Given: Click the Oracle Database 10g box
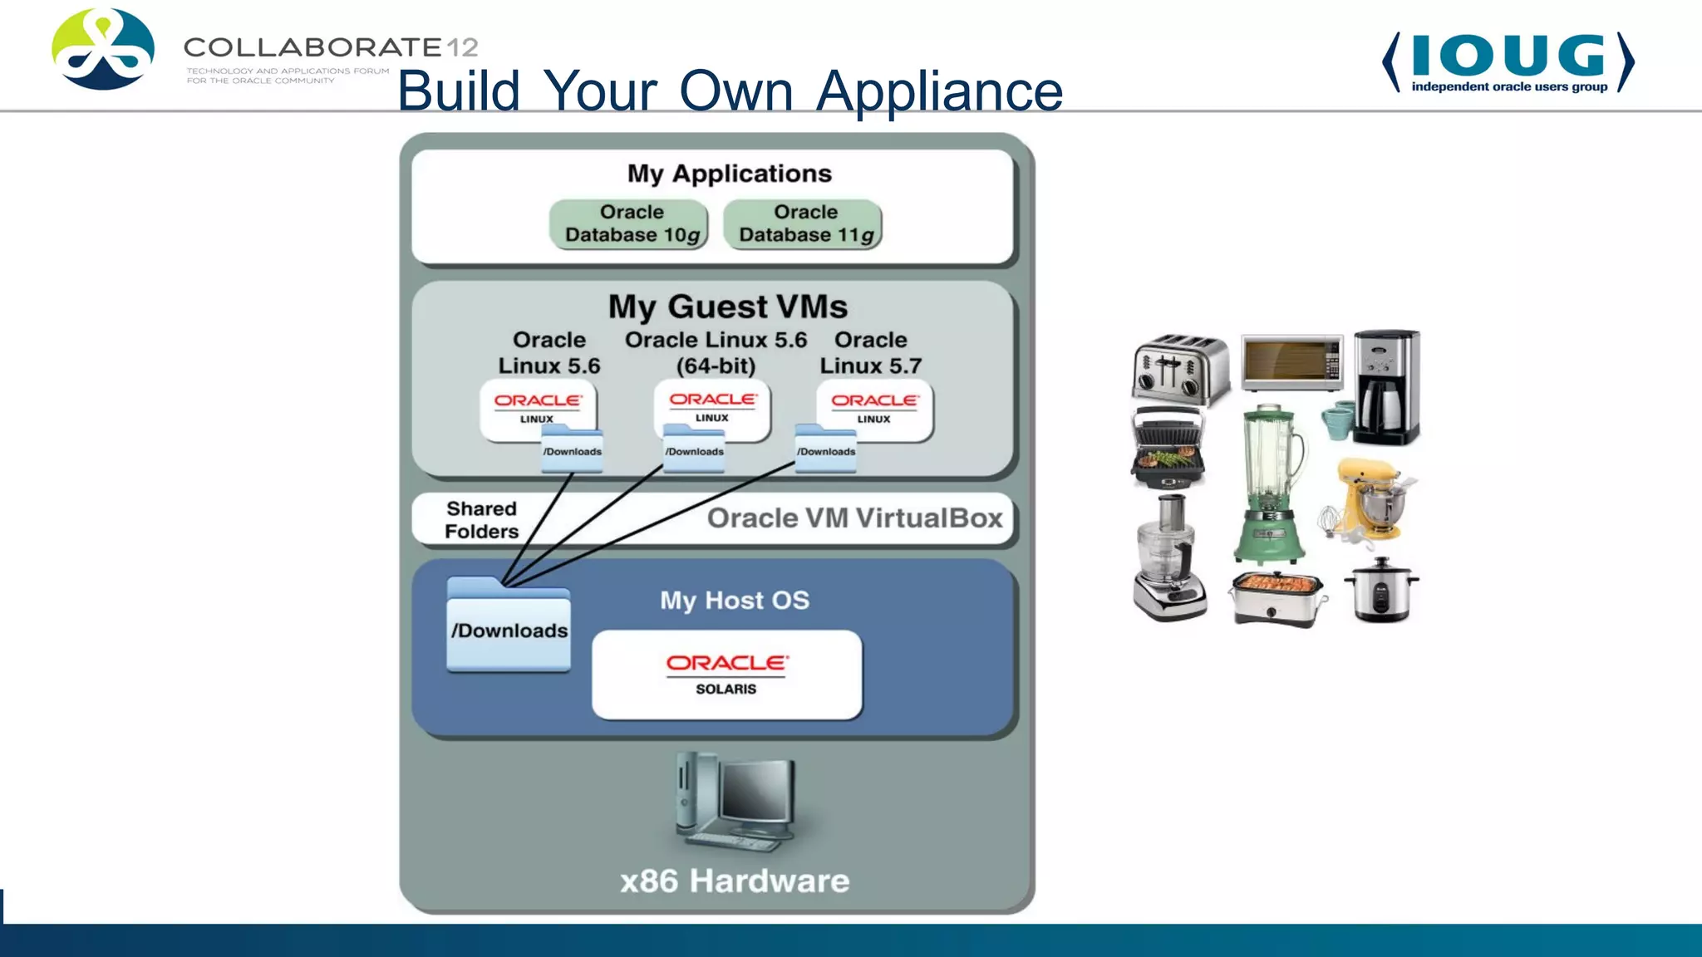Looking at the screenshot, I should tap(629, 224).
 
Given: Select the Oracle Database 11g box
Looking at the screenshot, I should tap(803, 224).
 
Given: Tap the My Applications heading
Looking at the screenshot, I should tap(729, 174).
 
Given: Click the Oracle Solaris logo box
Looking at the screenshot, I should tap(726, 675).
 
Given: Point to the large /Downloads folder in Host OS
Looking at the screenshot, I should tap(509, 627).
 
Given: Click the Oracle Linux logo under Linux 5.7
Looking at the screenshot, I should tap(874, 408).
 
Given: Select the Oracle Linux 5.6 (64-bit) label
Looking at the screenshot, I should tap(716, 352).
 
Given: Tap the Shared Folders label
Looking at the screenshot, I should tap(481, 520).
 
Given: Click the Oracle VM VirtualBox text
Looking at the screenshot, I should tap(854, 518).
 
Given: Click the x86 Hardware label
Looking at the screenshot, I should tap(735, 881).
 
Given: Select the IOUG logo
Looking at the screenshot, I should tap(1508, 62).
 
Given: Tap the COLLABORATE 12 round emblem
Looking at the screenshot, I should tap(103, 49).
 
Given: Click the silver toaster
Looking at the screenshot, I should tap(1180, 368).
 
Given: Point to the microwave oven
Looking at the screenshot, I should tap(1291, 362).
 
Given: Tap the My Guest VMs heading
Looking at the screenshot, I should tap(727, 307).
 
